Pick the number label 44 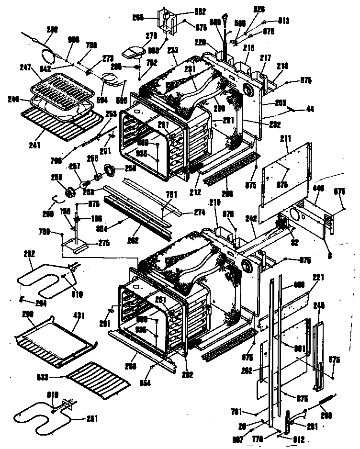point(310,110)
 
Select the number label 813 point(284,20)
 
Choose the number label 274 point(200,212)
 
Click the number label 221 point(319,277)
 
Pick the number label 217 point(265,58)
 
